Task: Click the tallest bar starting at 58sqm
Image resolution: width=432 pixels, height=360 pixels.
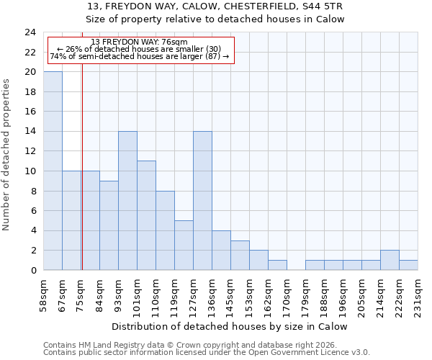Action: tap(53, 171)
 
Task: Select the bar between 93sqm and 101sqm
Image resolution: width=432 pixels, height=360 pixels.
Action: tap(127, 201)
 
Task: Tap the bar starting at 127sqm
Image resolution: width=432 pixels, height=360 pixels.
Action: tap(202, 201)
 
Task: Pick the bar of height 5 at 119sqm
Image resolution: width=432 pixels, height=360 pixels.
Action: tap(184, 246)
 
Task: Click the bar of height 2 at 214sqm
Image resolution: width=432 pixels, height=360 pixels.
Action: tap(390, 261)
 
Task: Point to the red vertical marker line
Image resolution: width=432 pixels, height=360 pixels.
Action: tap(82, 166)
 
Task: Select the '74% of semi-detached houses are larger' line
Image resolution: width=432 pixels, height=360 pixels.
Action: tap(140, 56)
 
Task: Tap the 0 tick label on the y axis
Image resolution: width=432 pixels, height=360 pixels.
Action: tap(32, 271)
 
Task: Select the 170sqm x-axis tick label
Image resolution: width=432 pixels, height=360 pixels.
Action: tap(287, 294)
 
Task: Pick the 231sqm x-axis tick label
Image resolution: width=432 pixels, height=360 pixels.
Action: tap(418, 294)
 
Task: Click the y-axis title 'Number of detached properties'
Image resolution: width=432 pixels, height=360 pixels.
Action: tap(7, 155)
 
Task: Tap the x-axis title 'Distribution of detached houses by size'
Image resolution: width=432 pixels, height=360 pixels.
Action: tap(230, 326)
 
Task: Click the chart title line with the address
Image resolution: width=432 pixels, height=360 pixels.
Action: tap(215, 6)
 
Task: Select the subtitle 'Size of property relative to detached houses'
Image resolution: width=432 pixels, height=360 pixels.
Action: tap(215, 19)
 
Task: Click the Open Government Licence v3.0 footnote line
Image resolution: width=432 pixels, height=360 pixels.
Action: tap(207, 353)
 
